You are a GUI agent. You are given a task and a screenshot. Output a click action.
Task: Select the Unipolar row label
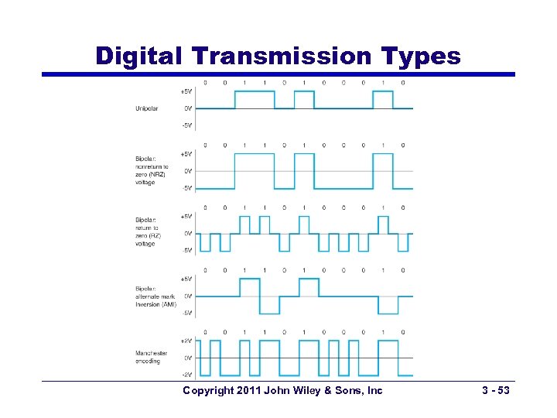click(146, 108)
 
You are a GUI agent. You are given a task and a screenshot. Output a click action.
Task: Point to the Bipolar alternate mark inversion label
click(155, 296)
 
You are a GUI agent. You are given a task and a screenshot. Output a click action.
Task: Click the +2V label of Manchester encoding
click(186, 341)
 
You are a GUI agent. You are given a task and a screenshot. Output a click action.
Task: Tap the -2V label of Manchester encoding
click(186, 375)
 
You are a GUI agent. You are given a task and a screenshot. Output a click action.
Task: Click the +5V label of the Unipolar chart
click(186, 91)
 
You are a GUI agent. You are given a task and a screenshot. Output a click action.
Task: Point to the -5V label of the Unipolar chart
click(187, 125)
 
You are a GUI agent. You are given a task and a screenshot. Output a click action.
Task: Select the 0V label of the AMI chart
click(188, 296)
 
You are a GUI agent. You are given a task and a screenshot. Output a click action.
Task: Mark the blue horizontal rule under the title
click(278, 74)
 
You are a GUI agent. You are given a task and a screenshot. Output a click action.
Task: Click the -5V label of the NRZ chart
click(187, 187)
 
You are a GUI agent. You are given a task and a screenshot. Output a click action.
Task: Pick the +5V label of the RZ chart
click(186, 216)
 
